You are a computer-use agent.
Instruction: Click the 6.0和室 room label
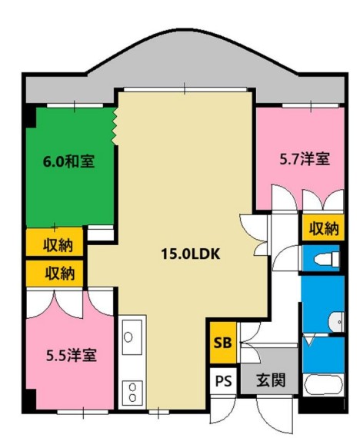tap(68, 161)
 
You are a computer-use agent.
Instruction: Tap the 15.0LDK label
tap(191, 254)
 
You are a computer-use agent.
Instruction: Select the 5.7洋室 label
tap(305, 159)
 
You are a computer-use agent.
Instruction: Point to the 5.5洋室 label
tap(72, 355)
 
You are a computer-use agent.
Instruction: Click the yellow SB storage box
tap(223, 343)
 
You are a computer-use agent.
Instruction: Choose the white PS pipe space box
tap(223, 380)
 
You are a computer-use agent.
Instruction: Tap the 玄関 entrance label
tap(271, 380)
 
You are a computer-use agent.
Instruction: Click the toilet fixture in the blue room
tap(327, 258)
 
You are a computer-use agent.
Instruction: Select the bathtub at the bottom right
tap(323, 385)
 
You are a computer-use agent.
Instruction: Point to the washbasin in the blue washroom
tap(336, 321)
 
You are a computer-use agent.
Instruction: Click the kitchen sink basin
tap(132, 337)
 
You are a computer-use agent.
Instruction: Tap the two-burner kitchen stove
tap(132, 392)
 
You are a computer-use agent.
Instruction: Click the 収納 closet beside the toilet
tap(323, 227)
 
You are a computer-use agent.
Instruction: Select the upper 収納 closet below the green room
tap(55, 242)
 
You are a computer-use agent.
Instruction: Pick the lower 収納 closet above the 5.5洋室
tap(55, 274)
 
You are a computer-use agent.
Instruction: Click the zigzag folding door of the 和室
tap(115, 126)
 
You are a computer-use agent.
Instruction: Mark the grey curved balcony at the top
tap(185, 65)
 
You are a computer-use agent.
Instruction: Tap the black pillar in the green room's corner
tap(31, 117)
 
